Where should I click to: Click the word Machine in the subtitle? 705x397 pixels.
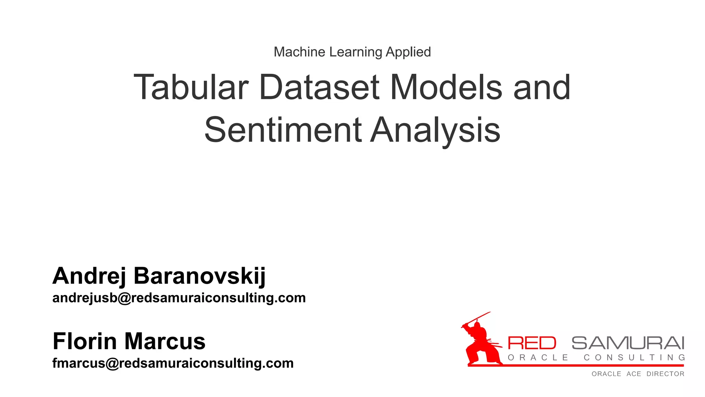tap(299, 52)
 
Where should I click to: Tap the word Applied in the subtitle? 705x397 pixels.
tap(408, 52)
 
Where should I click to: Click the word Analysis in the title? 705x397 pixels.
tap(435, 130)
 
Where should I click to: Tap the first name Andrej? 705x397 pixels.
tap(89, 276)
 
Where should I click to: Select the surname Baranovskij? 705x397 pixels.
tap(200, 276)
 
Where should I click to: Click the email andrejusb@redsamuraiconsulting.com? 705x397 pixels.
tap(179, 298)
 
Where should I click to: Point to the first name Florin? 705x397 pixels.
tap(85, 341)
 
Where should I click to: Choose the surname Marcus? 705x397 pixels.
tap(165, 341)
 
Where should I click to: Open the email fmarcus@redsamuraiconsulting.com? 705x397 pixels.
tap(173, 363)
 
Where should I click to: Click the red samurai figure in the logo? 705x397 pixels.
tap(480, 345)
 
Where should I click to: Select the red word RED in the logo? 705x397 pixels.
tap(532, 343)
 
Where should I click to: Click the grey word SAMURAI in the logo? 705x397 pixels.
tap(628, 343)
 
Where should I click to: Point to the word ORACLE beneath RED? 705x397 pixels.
tap(538, 358)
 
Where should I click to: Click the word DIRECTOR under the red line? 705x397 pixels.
tap(665, 374)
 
